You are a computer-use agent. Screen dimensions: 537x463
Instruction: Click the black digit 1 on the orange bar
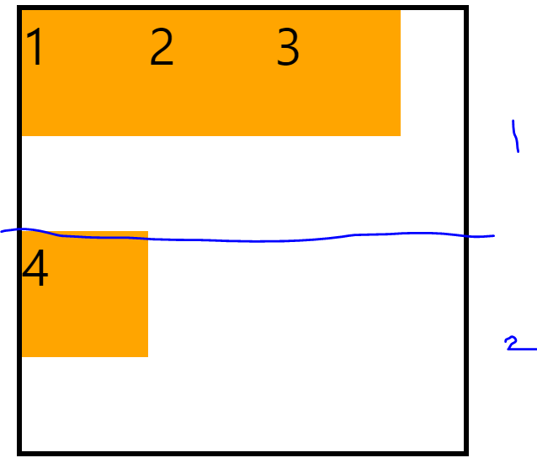click(x=35, y=48)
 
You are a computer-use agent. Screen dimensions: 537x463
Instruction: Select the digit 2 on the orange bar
click(x=162, y=48)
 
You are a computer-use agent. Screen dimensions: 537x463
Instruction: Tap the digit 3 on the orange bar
click(x=288, y=48)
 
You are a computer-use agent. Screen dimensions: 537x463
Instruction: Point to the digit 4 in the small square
click(x=35, y=270)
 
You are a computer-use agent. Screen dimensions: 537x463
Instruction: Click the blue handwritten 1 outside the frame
click(x=514, y=136)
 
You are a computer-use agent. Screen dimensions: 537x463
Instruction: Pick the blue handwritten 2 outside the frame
click(x=512, y=343)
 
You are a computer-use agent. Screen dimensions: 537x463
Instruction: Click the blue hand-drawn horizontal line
click(x=253, y=240)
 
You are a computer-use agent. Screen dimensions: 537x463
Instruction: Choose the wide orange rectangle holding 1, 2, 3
click(x=210, y=92)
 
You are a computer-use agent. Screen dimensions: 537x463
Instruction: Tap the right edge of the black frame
click(x=465, y=336)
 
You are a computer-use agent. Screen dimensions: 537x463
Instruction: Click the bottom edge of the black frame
click(x=244, y=454)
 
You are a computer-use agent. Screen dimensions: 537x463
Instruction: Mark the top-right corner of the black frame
click(x=465, y=9)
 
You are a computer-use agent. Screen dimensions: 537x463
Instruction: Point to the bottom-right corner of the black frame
click(x=465, y=454)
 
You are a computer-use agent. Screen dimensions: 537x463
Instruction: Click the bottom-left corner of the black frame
click(x=19, y=454)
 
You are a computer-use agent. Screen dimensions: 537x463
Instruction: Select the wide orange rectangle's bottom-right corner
click(x=400, y=135)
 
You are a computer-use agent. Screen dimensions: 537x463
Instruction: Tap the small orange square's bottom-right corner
click(x=147, y=356)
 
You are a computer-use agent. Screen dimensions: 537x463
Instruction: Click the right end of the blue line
click(x=493, y=236)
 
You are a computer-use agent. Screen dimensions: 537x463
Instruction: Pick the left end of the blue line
click(x=2, y=231)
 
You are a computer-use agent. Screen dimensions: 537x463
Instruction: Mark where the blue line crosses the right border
click(x=465, y=234)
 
